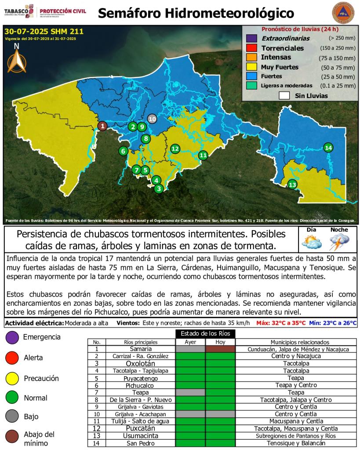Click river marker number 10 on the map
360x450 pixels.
click(x=152, y=119)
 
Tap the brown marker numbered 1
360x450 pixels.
click(x=102, y=126)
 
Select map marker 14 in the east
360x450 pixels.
click(x=328, y=147)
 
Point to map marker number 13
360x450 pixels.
click(x=292, y=185)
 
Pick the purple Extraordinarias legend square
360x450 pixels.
click(x=251, y=39)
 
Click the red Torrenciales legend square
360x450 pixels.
click(x=251, y=48)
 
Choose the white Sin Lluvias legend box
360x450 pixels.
click(x=284, y=95)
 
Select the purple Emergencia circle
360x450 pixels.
click(x=12, y=337)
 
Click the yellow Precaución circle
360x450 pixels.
click(x=12, y=378)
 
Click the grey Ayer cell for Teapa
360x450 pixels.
click(x=190, y=392)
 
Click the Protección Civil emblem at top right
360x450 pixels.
click(x=342, y=13)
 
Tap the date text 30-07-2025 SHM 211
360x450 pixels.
click(x=43, y=32)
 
